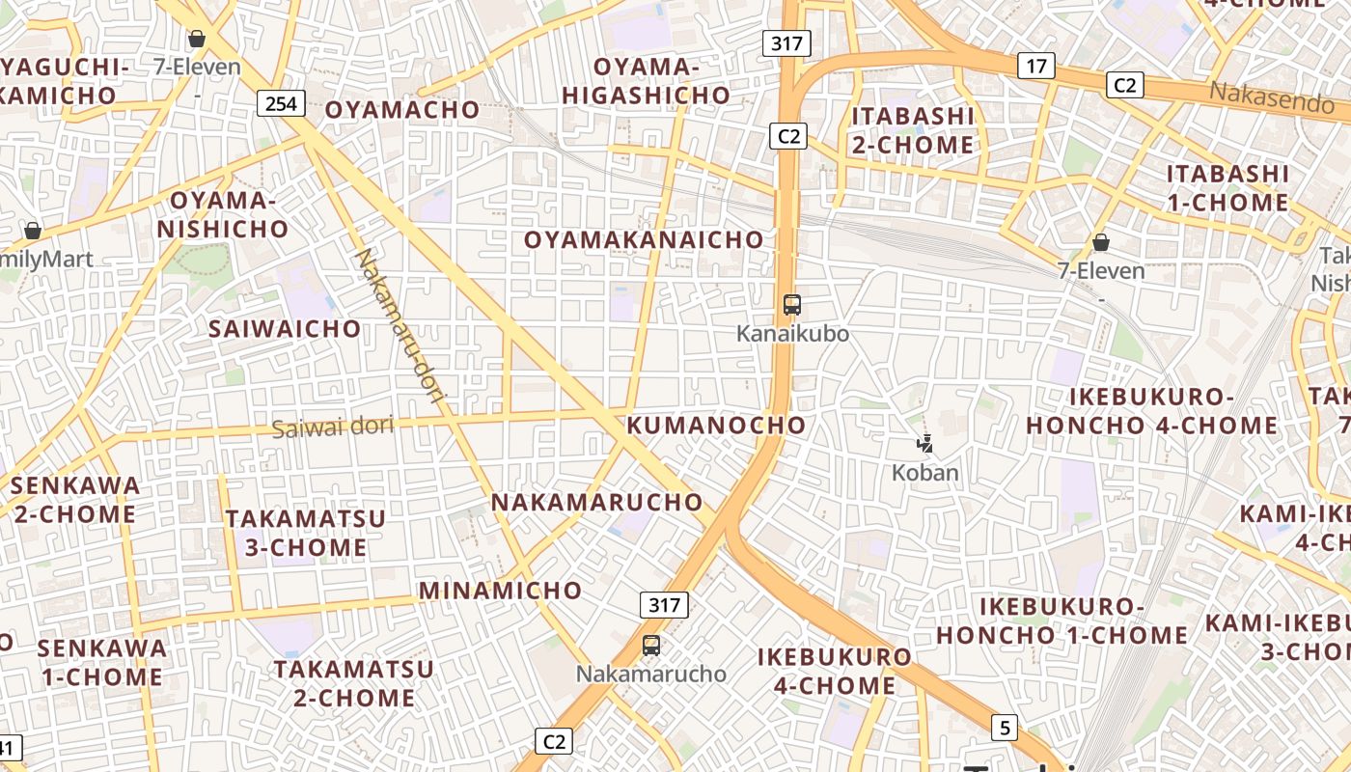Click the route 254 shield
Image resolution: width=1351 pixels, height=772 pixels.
pos(281,102)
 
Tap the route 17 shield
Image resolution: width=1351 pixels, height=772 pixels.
pos(1035,66)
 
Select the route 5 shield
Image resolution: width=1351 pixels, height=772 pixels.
pos(1006,728)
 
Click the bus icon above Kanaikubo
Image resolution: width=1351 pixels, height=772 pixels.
pos(792,305)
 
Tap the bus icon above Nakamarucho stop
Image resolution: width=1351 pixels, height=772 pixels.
pos(651,646)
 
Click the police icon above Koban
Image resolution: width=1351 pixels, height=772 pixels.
pos(924,444)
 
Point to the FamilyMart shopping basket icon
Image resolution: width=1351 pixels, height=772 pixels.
pos(33,231)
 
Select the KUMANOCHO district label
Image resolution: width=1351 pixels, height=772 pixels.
pos(716,425)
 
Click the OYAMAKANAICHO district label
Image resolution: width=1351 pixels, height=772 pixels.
pos(644,239)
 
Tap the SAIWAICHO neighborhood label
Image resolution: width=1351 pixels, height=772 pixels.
pos(285,328)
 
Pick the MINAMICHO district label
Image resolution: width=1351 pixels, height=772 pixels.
pos(500,590)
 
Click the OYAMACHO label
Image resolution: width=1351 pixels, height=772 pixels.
pos(401,109)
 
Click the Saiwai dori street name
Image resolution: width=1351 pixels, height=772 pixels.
pos(333,427)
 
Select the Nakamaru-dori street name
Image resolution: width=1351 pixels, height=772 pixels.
pos(398,329)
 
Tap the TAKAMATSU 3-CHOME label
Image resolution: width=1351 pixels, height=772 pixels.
pos(306,533)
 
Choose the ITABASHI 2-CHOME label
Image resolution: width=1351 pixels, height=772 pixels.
pos(912,130)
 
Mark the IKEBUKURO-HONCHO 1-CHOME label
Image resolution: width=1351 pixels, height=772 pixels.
pos(1061,620)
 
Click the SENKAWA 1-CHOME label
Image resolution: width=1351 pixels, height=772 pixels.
pos(101,661)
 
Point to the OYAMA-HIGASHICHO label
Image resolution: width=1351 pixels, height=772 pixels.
pos(646,80)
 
